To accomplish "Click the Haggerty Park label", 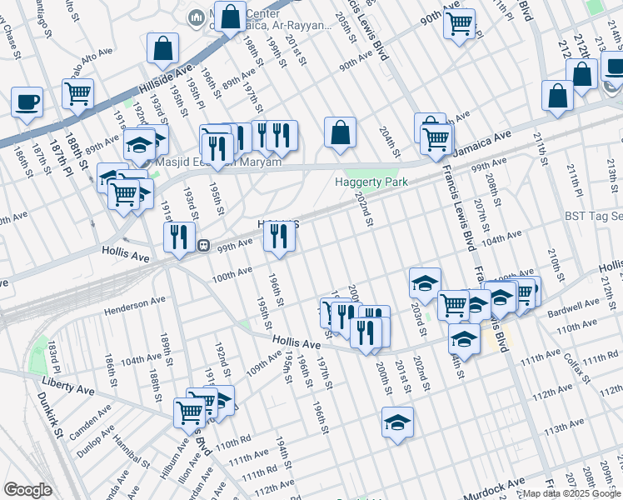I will click(371, 181).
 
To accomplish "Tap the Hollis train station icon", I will click(203, 245).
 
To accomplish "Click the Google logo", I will click(27, 490).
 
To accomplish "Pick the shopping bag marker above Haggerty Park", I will click(340, 132).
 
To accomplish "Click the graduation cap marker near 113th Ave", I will click(398, 422).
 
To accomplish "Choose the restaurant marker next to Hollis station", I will click(179, 237).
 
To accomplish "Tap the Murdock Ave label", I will click(494, 483).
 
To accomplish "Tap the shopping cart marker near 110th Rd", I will click(190, 412).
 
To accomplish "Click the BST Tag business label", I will click(593, 216).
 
